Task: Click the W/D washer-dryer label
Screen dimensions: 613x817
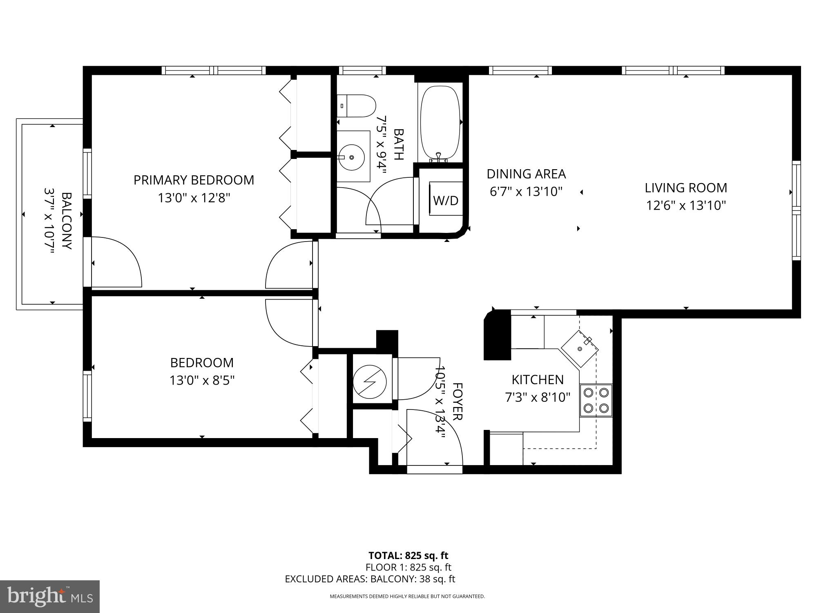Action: pyautogui.click(x=446, y=200)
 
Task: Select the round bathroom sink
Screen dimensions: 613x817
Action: pyautogui.click(x=352, y=157)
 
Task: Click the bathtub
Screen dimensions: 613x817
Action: pyautogui.click(x=440, y=122)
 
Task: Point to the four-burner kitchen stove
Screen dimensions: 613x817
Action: pyautogui.click(x=596, y=400)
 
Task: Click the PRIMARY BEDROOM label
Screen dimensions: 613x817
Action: pyautogui.click(x=194, y=180)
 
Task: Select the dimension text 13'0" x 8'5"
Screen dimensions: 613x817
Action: pyautogui.click(x=202, y=380)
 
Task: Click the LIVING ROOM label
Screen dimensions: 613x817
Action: pyautogui.click(x=686, y=188)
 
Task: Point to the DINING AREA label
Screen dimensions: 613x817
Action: pyautogui.click(x=526, y=174)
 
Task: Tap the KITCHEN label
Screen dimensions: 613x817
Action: pyautogui.click(x=538, y=380)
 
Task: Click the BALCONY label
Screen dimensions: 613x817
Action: pyautogui.click(x=67, y=221)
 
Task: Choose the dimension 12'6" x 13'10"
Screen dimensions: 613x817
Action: pyautogui.click(x=686, y=205)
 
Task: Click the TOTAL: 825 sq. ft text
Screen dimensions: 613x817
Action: pyautogui.click(x=408, y=556)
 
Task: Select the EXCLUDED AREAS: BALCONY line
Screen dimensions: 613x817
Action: pyautogui.click(x=370, y=579)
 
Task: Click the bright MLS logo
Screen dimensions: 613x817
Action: pyautogui.click(x=50, y=597)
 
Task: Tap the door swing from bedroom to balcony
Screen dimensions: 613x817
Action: pyautogui.click(x=116, y=262)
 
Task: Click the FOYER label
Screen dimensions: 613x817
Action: pyautogui.click(x=457, y=401)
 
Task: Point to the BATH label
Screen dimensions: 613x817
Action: pyautogui.click(x=398, y=144)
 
